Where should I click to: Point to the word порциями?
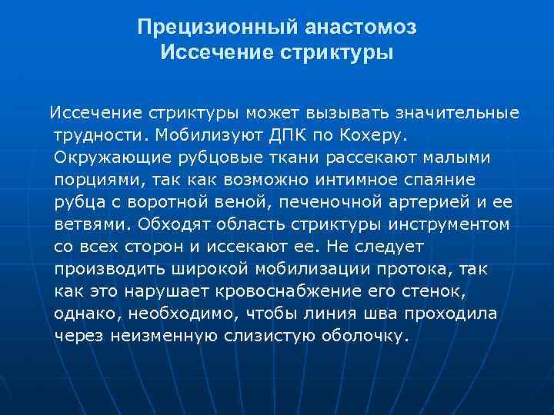click(95, 180)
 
